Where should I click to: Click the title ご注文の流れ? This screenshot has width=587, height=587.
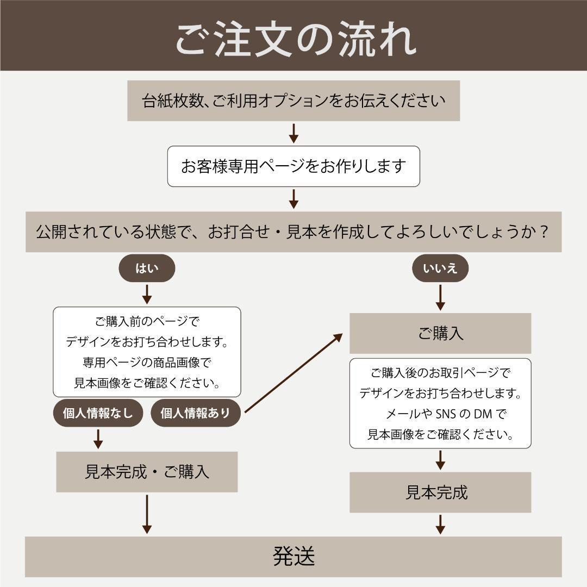(293, 39)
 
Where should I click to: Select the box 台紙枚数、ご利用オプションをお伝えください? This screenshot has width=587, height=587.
(293, 101)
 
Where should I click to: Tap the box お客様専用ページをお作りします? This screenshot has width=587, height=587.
(293, 166)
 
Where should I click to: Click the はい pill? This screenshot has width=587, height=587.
(147, 268)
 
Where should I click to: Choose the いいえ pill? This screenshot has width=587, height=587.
(440, 268)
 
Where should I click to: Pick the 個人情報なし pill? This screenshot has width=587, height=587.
(98, 413)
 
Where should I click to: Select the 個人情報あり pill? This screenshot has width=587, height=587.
(196, 413)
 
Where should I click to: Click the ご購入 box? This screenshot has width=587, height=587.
(440, 333)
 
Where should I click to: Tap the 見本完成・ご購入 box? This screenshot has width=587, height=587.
(147, 472)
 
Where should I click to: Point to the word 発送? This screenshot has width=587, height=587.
(293, 557)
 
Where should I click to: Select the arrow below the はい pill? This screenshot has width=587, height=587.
(147, 294)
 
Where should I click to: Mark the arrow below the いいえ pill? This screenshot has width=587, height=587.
(440, 297)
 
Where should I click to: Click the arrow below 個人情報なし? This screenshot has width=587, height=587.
(98, 439)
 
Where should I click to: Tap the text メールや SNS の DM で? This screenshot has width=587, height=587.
(446, 414)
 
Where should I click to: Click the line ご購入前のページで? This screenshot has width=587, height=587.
(147, 322)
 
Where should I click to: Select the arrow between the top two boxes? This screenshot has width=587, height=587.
(293, 133)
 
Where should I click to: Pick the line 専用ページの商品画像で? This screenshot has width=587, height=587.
(147, 363)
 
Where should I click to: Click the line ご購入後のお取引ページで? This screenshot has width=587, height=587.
(440, 373)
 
